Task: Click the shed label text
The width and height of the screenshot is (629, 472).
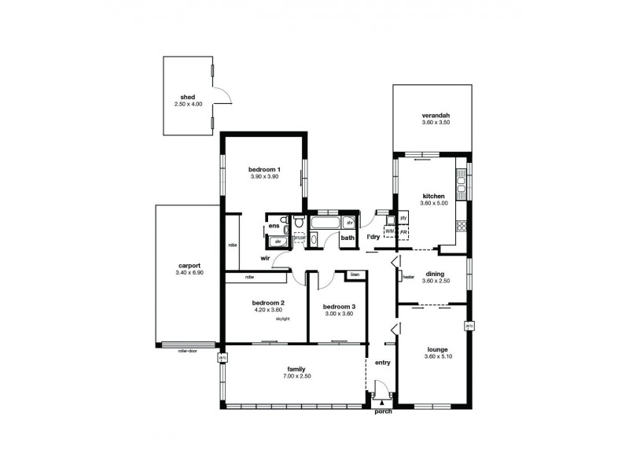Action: click(189, 97)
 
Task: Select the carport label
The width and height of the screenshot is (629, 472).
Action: click(189, 265)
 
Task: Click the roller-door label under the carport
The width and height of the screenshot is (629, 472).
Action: click(187, 351)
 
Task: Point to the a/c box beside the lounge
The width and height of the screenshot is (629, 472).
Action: click(469, 325)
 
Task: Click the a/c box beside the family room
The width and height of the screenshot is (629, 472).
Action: click(223, 357)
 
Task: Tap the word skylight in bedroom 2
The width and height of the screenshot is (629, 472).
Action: click(283, 319)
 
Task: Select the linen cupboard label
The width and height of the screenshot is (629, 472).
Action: click(355, 275)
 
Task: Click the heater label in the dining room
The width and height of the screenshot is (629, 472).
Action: click(408, 277)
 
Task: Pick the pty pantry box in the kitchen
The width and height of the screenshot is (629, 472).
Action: click(403, 218)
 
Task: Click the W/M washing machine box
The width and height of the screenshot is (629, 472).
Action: click(390, 232)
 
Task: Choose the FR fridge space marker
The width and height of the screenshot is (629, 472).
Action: click(403, 232)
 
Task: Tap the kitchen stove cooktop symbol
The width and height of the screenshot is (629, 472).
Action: click(462, 227)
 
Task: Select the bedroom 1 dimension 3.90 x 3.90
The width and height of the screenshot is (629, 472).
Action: click(264, 178)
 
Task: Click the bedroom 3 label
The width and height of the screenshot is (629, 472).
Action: click(337, 306)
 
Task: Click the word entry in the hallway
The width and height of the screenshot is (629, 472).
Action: click(383, 363)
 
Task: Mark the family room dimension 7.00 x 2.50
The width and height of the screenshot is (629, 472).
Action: click(296, 378)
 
